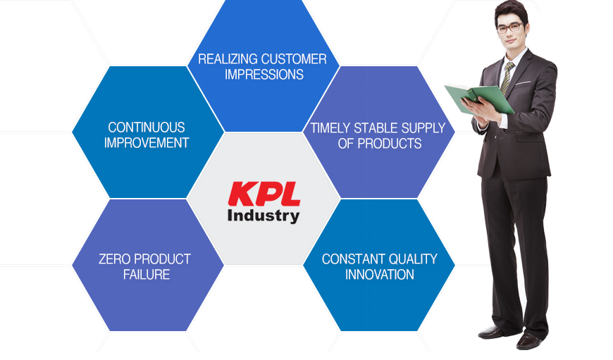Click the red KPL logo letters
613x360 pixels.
coord(264,194)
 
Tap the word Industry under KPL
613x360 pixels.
coord(264,216)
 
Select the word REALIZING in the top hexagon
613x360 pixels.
coord(226,59)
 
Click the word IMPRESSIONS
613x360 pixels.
coord(264,74)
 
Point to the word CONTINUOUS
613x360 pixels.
coord(147,128)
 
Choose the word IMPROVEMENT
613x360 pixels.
coord(147,143)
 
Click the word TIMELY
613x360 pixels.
coord(330,128)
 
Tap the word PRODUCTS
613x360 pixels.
coord(390,144)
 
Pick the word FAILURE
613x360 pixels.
coord(147,275)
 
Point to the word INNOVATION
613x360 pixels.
coord(380,275)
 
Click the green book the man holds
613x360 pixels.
coord(479,99)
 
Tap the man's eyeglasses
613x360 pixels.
coord(510,28)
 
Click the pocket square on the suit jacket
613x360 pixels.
coord(523,83)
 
